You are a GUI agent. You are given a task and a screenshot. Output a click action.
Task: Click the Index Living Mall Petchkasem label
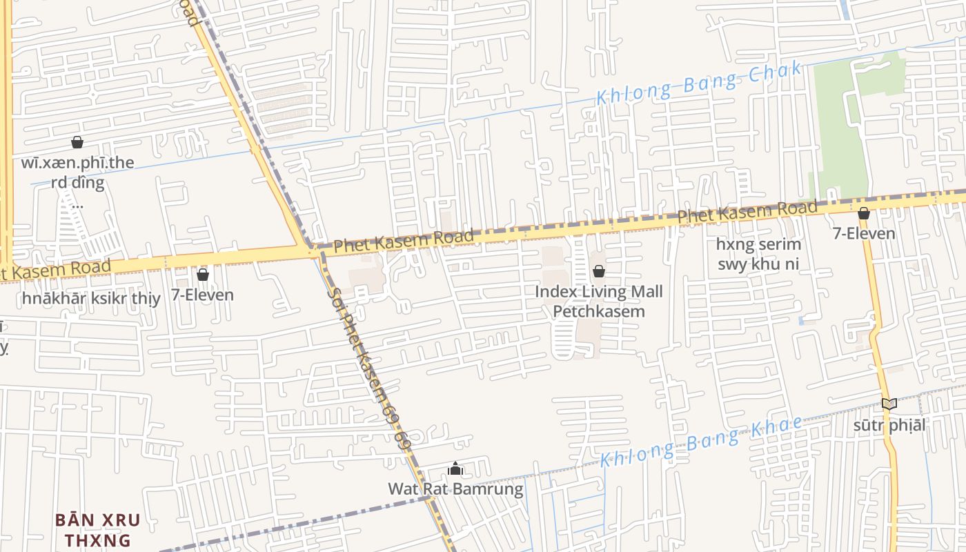pyautogui.click(x=599, y=301)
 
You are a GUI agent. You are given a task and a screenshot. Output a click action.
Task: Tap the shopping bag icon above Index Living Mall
pyautogui.click(x=599, y=271)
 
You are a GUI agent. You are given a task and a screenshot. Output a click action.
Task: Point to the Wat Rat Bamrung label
pyautogui.click(x=455, y=489)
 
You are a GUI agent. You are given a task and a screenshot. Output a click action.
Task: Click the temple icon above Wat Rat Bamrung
pyautogui.click(x=455, y=469)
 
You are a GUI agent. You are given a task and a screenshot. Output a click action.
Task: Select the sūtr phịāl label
pyautogui.click(x=889, y=425)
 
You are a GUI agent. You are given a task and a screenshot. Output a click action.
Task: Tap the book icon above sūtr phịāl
pyautogui.click(x=889, y=404)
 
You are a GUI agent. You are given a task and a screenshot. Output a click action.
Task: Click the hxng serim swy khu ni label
pyautogui.click(x=758, y=254)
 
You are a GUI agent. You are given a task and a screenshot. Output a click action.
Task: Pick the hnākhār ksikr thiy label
pyautogui.click(x=91, y=298)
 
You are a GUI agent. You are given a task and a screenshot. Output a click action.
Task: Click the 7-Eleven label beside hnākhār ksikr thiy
pyautogui.click(x=202, y=295)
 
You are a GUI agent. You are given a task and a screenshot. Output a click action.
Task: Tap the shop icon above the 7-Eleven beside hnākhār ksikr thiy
pyautogui.click(x=203, y=275)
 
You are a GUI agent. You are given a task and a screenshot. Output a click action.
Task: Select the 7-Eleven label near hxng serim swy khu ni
pyautogui.click(x=864, y=233)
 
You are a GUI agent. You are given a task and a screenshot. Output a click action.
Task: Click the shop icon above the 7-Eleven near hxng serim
pyautogui.click(x=863, y=213)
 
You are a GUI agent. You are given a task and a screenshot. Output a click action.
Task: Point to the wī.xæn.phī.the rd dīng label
pyautogui.click(x=77, y=172)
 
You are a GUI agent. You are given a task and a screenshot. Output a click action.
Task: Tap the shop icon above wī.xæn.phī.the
pyautogui.click(x=77, y=142)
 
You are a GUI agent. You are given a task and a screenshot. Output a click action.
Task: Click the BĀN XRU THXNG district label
pyautogui.click(x=97, y=529)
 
